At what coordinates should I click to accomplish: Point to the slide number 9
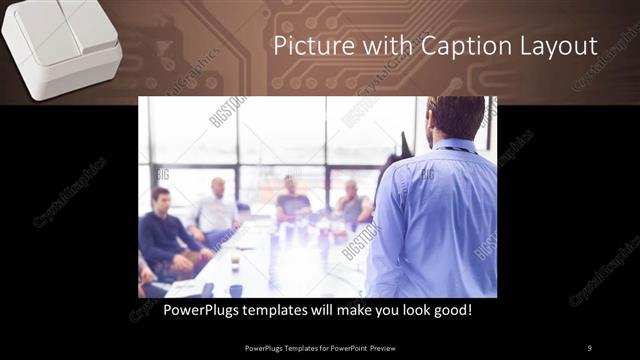click(x=589, y=348)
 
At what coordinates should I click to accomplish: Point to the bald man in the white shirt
click(x=218, y=210)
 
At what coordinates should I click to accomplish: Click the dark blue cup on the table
click(x=235, y=291)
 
